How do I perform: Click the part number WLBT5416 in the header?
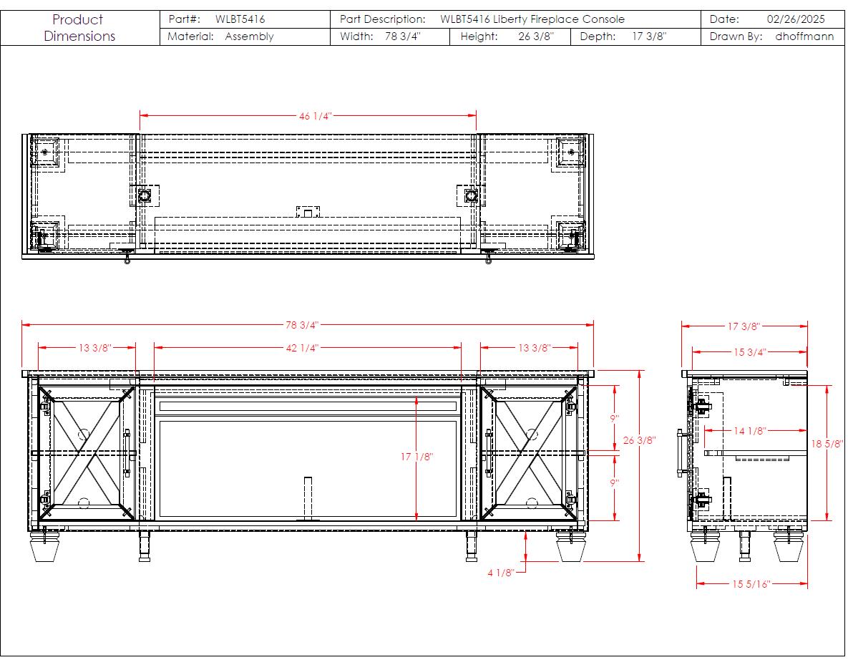(240, 19)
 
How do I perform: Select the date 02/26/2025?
(796, 19)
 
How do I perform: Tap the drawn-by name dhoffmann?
(804, 37)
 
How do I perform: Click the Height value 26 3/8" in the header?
(536, 37)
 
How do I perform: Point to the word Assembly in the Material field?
(249, 37)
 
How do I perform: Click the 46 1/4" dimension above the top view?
(315, 116)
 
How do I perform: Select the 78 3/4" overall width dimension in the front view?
(302, 325)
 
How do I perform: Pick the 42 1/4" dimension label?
(302, 347)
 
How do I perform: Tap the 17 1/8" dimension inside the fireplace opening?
(416, 457)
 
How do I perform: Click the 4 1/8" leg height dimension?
(500, 573)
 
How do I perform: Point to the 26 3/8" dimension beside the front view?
(639, 440)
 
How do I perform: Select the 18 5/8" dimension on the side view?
(827, 444)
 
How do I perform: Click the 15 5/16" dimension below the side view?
(751, 584)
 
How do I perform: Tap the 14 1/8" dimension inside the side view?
(749, 431)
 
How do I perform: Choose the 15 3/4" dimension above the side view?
(749, 352)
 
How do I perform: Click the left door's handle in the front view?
(127, 453)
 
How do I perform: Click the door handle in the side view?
(681, 453)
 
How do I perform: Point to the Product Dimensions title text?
(79, 28)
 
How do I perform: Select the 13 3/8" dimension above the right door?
(534, 347)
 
